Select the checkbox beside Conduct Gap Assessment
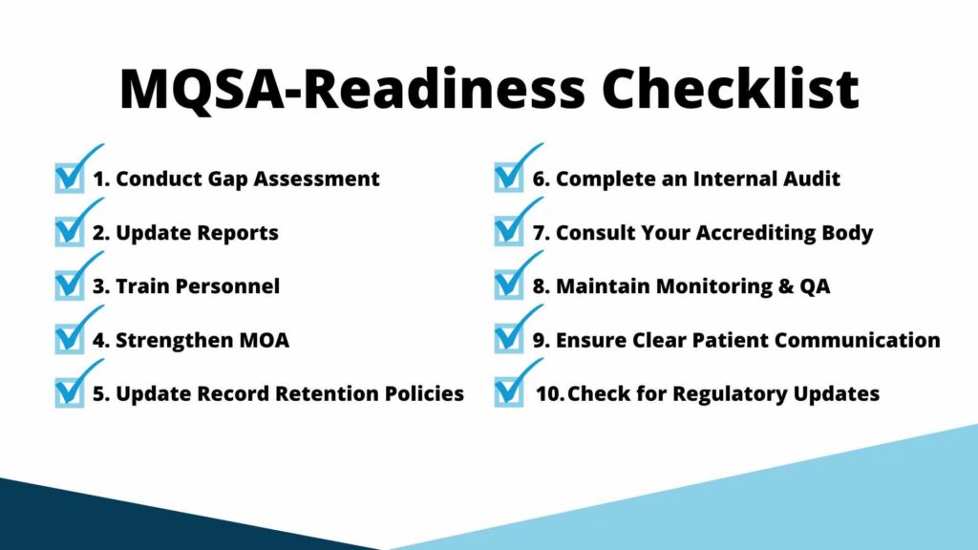tap(70, 179)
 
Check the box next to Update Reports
tap(70, 232)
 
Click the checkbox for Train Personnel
tap(70, 286)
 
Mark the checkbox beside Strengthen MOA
tap(70, 339)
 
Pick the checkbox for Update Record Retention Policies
tap(70, 392)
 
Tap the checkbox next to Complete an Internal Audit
tap(509, 179)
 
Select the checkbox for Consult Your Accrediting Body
tap(509, 232)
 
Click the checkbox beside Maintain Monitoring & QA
tap(509, 286)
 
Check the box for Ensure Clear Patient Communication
tap(509, 339)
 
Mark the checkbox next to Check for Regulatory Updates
tap(509, 392)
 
